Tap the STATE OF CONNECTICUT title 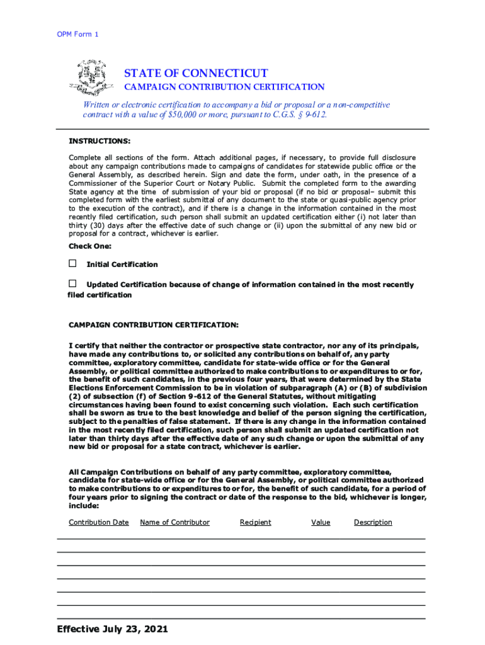[x=196, y=74]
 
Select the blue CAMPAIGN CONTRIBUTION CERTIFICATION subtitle [x=224, y=87]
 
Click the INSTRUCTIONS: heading [x=100, y=141]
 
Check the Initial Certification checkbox [x=72, y=263]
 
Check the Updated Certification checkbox [x=72, y=283]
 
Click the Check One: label [x=89, y=246]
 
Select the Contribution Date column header [x=99, y=522]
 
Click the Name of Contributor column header [x=174, y=522]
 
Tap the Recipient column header [x=256, y=522]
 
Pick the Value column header [x=321, y=522]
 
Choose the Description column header [x=373, y=522]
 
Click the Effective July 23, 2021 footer [x=112, y=629]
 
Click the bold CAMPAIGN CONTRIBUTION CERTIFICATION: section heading [x=153, y=325]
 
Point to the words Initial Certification [x=122, y=265]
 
